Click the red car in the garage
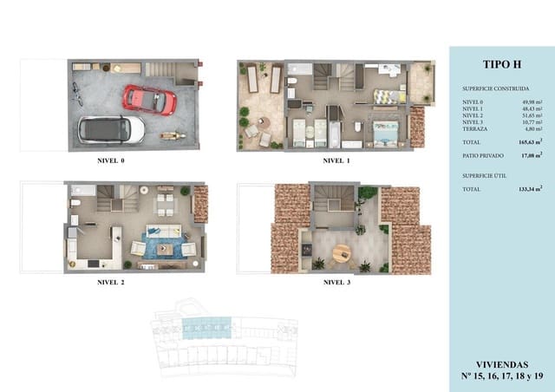point(149,99)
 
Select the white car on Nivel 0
point(111,129)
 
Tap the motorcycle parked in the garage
point(171,135)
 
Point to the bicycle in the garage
point(78,92)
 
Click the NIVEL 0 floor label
point(111,161)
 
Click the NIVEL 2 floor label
point(111,282)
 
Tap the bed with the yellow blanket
point(385,96)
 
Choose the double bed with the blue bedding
point(385,131)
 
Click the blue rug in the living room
point(162,246)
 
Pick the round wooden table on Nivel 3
point(342,253)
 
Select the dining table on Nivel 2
point(163,205)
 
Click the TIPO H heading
point(500,63)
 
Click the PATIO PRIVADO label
point(480,155)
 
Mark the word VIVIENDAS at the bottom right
point(500,364)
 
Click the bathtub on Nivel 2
point(83,190)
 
